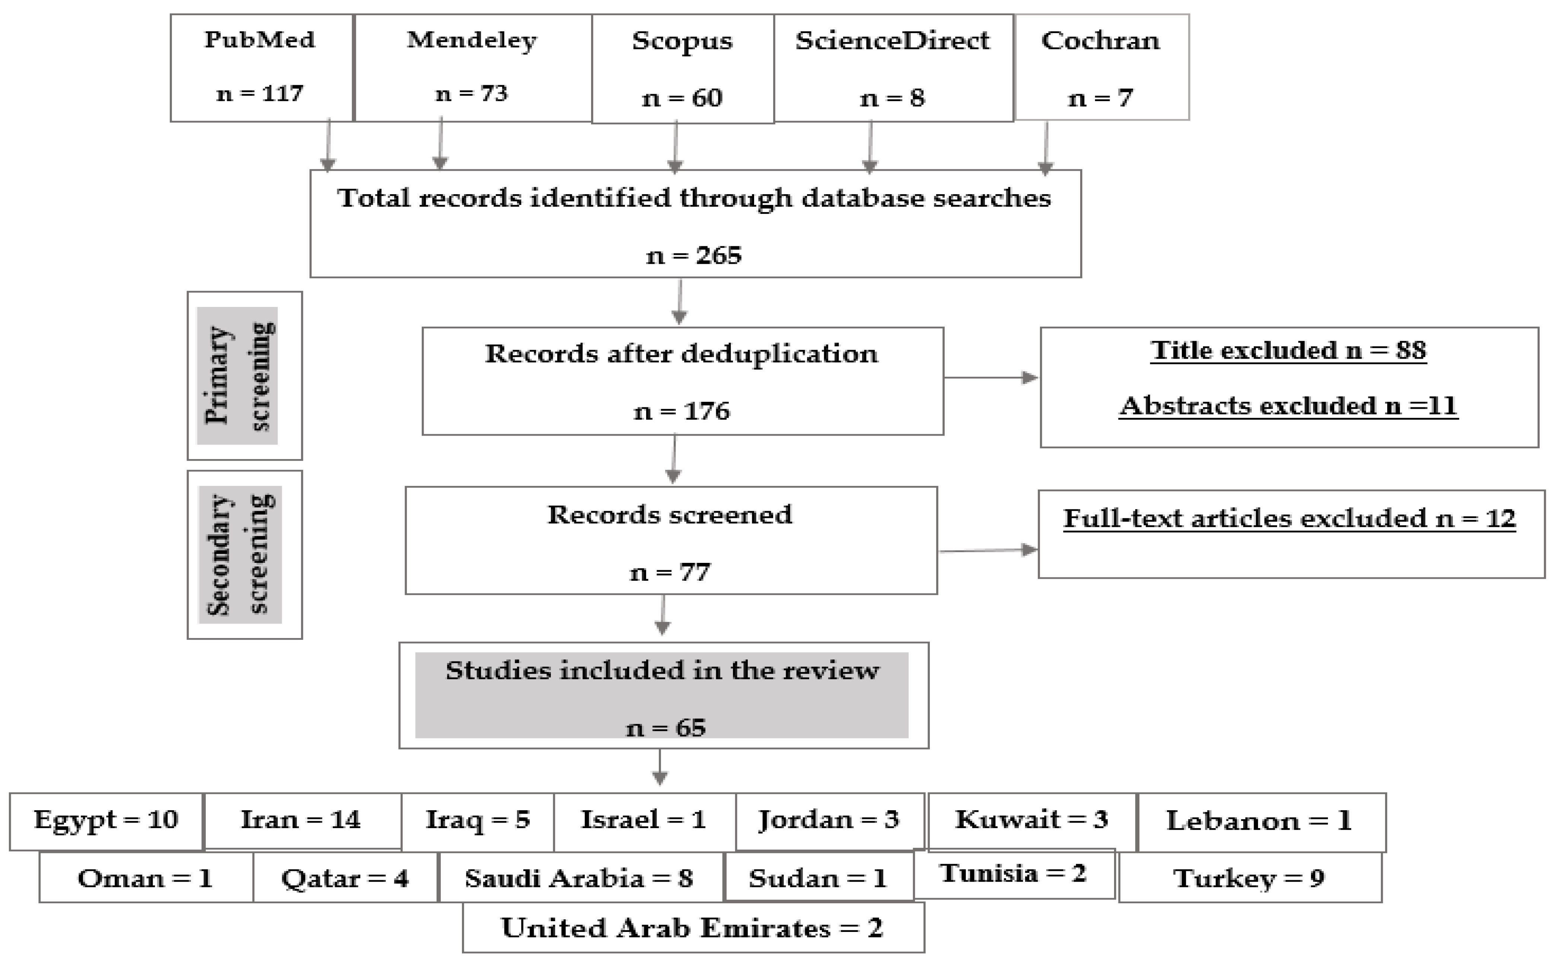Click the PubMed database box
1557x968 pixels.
pos(261,68)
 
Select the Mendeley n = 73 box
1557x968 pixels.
pos(472,68)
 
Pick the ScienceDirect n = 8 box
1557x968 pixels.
pos(893,68)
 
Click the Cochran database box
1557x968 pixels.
pos(1101,67)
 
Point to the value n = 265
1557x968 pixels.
pos(694,256)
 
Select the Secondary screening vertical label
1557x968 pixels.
pos(240,554)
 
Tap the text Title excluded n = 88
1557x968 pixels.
pos(1288,350)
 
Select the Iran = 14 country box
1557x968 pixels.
pos(301,820)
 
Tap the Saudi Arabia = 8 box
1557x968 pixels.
pos(580,878)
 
